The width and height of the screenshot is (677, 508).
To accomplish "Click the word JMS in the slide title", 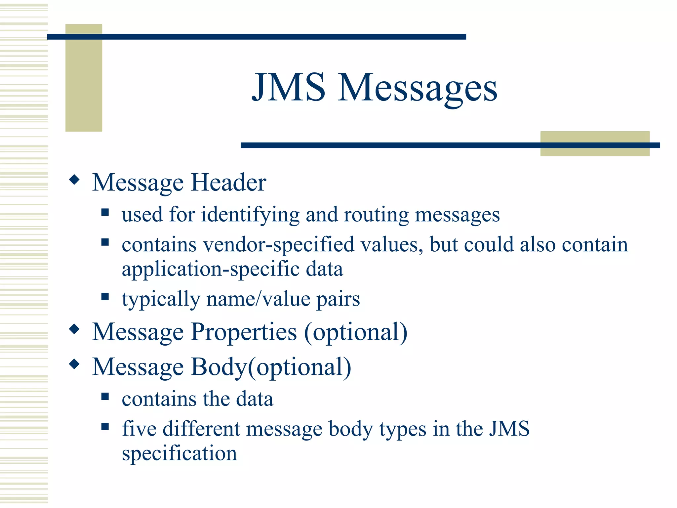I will pyautogui.click(x=288, y=87).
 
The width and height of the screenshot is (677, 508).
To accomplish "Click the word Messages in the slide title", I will pyautogui.click(x=417, y=89).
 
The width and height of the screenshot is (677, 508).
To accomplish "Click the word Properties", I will pyautogui.click(x=244, y=332).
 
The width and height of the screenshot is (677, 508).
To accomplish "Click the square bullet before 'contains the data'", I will pyautogui.click(x=105, y=396).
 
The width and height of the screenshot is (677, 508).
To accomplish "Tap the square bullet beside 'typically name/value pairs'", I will pyautogui.click(x=105, y=296).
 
